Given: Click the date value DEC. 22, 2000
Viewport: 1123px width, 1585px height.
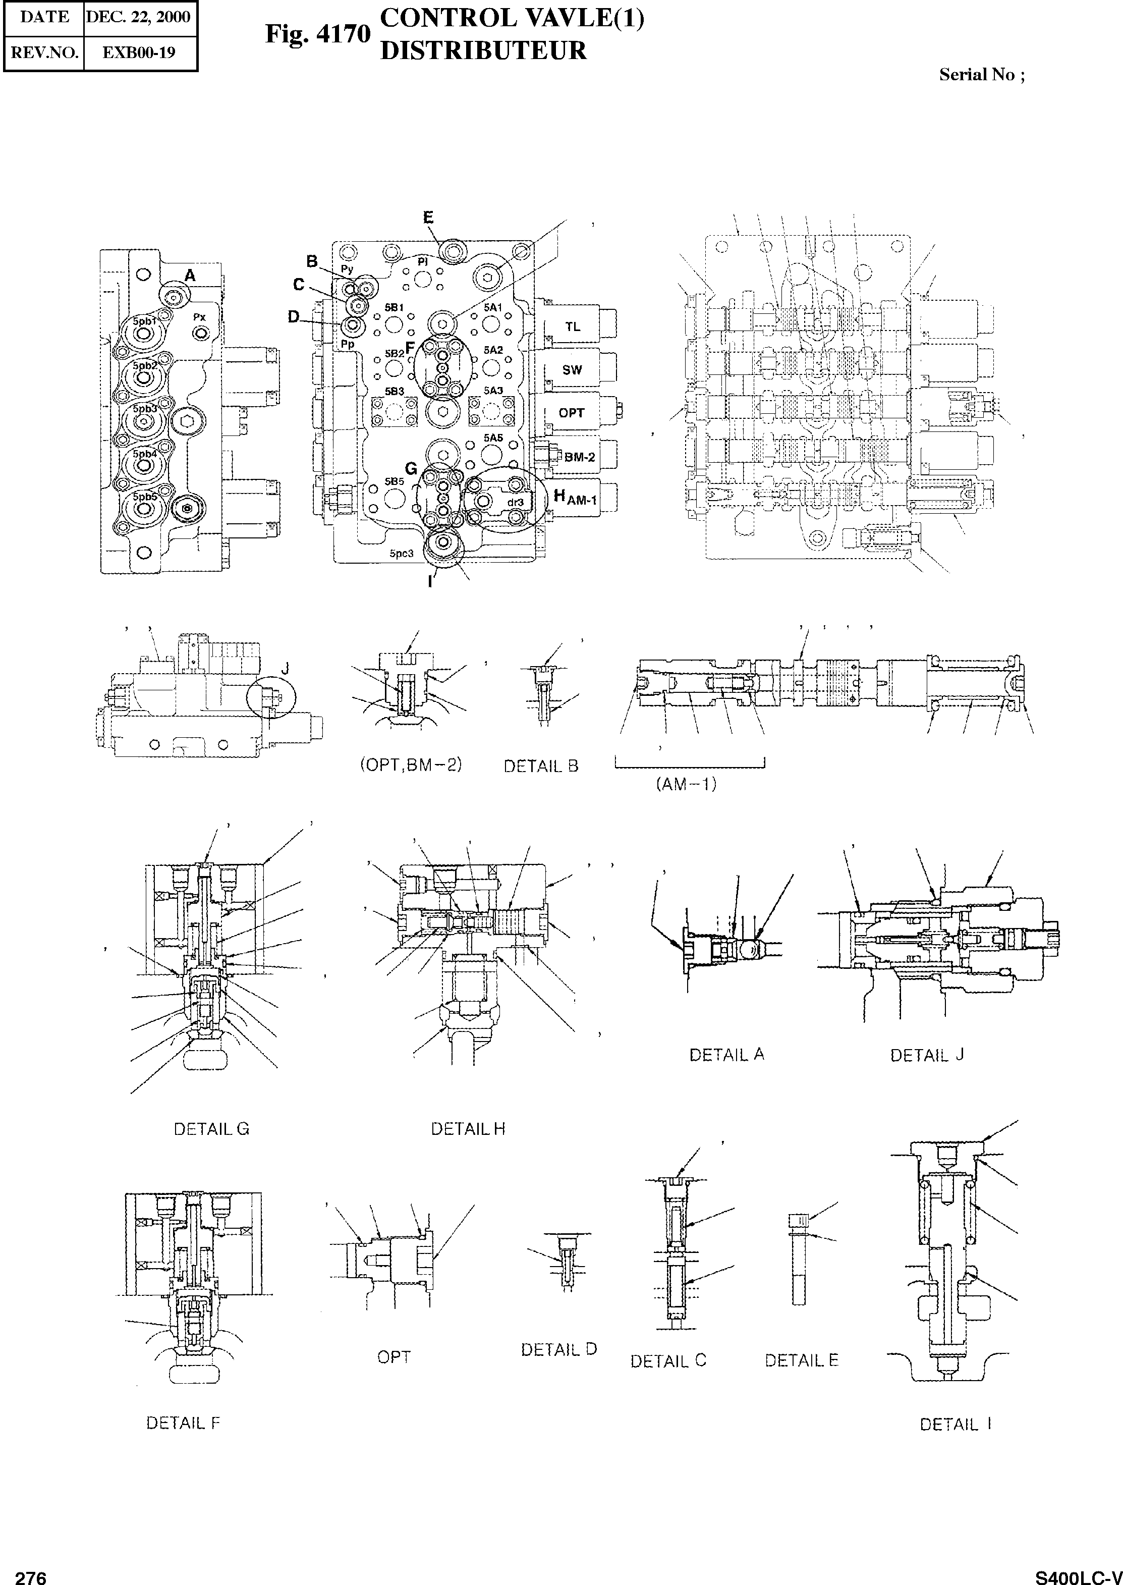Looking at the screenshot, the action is point(140,17).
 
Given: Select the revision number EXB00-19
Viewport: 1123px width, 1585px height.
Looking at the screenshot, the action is point(139,52).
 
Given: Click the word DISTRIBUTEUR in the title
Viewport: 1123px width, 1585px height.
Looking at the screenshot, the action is point(483,50).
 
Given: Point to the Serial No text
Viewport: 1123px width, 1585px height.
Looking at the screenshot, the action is point(981,75).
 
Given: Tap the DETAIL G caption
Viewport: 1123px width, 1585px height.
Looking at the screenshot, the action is point(211,1129).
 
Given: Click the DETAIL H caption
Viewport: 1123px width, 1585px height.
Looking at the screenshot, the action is point(468,1129).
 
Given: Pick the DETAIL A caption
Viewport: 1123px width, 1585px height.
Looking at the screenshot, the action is point(727,1055).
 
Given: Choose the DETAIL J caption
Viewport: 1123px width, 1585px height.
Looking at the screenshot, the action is point(927,1055).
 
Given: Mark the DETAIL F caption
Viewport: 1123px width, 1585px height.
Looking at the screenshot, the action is point(183,1423).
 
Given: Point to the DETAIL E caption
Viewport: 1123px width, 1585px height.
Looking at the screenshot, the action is point(802,1361).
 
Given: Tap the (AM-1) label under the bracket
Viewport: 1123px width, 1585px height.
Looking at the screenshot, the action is point(685,784).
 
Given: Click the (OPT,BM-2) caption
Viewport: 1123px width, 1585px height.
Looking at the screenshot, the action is point(411,765).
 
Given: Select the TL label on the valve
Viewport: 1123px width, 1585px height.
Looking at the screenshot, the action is point(573,327).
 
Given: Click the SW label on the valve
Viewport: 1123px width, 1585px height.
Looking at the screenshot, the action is point(572,370).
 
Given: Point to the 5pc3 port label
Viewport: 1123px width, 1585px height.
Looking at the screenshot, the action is point(401,553).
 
